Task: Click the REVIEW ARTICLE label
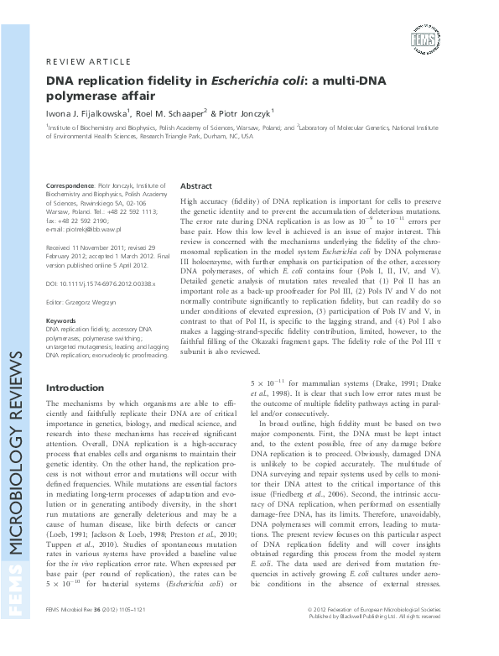(87, 62)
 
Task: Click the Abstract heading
(196, 185)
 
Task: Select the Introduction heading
(75, 388)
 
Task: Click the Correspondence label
(71, 186)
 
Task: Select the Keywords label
(63, 321)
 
